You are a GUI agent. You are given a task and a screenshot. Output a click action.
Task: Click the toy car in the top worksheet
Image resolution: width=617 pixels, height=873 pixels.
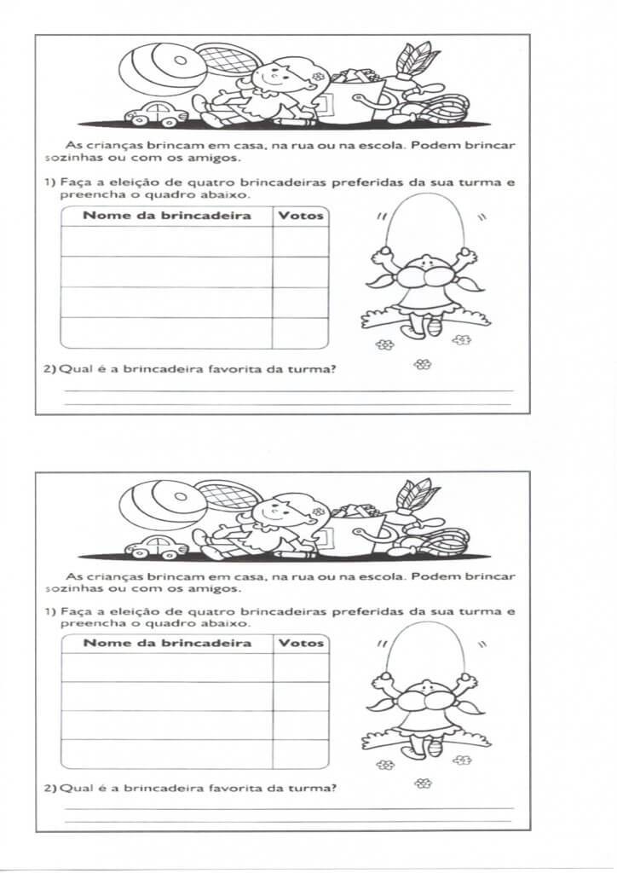tap(155, 114)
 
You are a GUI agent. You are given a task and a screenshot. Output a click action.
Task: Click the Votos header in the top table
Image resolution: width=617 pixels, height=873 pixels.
tap(301, 216)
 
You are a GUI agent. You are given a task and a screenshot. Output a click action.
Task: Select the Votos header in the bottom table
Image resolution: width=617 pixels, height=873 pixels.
tap(301, 643)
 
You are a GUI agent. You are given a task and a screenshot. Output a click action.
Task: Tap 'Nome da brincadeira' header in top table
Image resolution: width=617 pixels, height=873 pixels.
tap(167, 216)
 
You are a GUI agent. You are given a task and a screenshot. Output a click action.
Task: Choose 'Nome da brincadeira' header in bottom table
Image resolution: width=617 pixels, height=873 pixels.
tap(167, 643)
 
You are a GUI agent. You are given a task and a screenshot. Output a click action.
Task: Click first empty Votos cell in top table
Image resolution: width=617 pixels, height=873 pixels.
tap(301, 241)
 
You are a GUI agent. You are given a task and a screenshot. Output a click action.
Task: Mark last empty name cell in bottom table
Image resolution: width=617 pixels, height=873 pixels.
tap(167, 754)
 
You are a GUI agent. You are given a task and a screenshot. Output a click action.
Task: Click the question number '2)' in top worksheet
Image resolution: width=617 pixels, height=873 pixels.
tap(49, 369)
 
